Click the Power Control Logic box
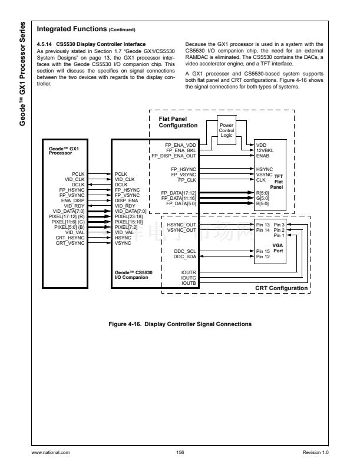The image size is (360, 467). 226,129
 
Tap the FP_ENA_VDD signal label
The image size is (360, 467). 181,144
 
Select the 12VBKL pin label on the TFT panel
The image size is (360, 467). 265,150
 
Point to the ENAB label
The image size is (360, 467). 263,156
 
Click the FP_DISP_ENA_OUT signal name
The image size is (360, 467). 174,156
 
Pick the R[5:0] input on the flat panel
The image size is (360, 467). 263,193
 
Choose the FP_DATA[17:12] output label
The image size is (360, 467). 179,193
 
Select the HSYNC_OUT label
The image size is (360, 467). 181,225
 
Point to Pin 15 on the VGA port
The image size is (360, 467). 263,251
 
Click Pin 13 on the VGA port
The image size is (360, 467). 263,225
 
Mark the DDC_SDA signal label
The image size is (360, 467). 184,256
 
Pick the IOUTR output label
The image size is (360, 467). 189,272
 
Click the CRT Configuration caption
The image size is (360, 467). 281,288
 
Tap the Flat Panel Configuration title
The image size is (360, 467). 179,122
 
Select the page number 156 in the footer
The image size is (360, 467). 180,452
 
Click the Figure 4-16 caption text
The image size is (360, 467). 180,324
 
